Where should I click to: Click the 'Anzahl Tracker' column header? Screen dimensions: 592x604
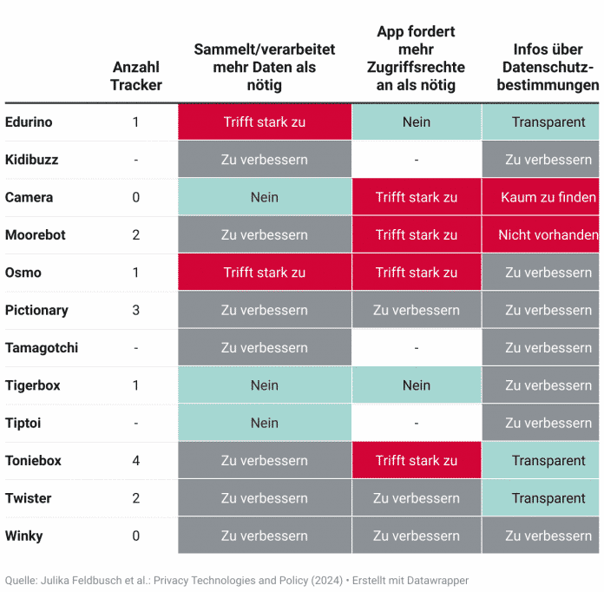[135, 76]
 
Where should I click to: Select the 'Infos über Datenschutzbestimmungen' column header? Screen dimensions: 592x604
[548, 67]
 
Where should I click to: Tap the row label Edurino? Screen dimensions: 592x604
[29, 122]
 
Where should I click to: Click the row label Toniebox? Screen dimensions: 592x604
[33, 461]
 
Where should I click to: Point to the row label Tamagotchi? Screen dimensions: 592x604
[42, 348]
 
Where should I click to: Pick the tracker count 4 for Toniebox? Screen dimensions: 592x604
[135, 461]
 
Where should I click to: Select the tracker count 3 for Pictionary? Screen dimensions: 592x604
[135, 310]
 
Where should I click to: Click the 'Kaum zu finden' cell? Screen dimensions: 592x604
[548, 197]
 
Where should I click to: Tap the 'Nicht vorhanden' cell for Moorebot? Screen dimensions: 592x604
[548, 235]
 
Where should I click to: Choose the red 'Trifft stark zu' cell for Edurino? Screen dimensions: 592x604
[264, 122]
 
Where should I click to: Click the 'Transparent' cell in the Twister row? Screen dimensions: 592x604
[548, 498]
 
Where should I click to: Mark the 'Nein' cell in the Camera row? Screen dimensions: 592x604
[264, 197]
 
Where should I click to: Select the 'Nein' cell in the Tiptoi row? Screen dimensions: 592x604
[264, 423]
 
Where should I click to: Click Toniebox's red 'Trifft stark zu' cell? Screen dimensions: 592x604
[416, 461]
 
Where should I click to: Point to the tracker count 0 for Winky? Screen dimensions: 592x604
[135, 536]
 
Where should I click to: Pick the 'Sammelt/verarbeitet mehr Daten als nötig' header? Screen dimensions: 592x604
[264, 67]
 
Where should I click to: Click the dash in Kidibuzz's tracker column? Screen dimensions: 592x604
[135, 160]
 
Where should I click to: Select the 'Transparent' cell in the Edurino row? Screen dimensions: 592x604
[548, 122]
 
